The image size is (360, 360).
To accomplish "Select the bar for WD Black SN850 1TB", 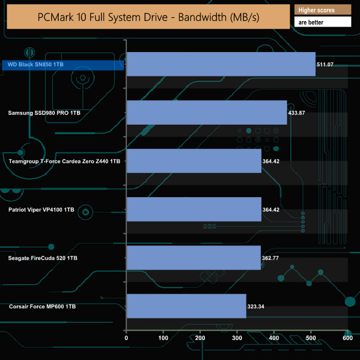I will coord(221,64).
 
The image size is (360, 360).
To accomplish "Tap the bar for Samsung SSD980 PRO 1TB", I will coord(207,112).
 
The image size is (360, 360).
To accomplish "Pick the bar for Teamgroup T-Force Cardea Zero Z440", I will coord(194,161).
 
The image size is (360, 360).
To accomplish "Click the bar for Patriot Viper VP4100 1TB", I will coord(194,209).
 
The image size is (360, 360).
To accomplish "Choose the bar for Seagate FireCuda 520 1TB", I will coord(193,258).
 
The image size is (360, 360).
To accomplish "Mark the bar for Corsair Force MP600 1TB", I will coord(186,306).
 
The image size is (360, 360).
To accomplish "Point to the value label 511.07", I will coord(325,65).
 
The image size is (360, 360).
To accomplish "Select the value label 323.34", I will coord(256,306).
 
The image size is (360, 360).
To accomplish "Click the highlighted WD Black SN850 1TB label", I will coord(36,65).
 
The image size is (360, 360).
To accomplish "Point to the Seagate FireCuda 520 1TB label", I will coord(43,258).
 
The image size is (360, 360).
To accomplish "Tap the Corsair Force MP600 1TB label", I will coord(42,306).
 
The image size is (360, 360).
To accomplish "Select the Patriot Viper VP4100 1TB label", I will coord(41,210).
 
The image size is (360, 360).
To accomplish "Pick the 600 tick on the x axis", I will coord(347,337).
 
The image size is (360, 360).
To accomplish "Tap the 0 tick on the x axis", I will coord(127,337).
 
